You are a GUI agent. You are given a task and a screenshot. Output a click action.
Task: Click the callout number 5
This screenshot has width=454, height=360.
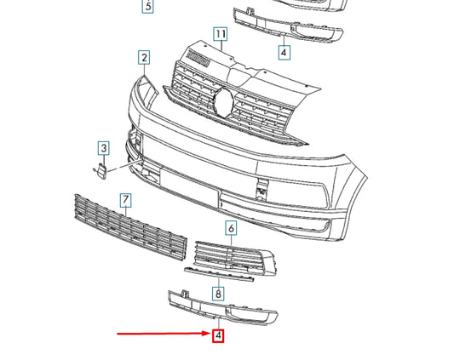pos(147,7)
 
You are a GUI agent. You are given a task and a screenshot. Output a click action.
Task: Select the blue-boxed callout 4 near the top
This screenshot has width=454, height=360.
pos(284,52)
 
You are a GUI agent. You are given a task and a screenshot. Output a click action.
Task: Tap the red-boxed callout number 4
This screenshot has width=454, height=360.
pos(219,335)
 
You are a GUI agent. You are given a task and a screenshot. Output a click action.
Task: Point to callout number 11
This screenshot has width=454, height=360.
pos(221,35)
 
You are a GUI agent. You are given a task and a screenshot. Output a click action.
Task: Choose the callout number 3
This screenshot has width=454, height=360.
pos(103,149)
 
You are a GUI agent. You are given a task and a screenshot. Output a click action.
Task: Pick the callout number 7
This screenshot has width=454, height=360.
pos(125,200)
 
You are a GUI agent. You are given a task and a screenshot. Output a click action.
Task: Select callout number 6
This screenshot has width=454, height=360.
pos(231,227)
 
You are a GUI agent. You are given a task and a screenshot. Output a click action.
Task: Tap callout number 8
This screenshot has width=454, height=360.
pos(219,294)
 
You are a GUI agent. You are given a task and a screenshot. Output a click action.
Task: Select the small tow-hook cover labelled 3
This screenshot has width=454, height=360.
pos(99,173)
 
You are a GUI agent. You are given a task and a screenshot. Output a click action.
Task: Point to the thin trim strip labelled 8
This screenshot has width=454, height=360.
pos(219,273)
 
